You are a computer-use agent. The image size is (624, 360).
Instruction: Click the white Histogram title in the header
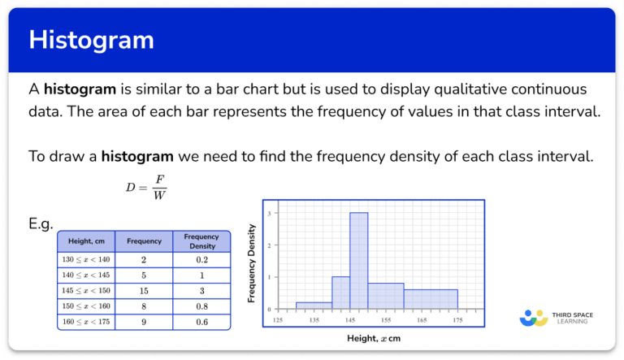click(x=91, y=40)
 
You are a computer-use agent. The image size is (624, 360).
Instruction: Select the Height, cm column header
click(x=85, y=241)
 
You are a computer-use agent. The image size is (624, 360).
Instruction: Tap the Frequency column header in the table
click(x=144, y=241)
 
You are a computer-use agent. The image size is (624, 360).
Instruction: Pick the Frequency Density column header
click(x=201, y=241)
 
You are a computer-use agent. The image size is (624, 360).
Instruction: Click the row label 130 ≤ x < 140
click(x=85, y=260)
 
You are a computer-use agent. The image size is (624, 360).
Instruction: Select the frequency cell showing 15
click(x=144, y=291)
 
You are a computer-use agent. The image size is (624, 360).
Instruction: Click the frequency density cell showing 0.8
click(x=201, y=306)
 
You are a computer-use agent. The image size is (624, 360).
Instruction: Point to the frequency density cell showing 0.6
click(x=201, y=322)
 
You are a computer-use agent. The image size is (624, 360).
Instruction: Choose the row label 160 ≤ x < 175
click(x=85, y=322)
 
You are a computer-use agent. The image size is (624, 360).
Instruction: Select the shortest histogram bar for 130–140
click(x=314, y=306)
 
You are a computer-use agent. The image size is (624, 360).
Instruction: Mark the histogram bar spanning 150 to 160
click(x=385, y=296)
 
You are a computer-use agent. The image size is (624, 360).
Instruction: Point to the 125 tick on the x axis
click(x=279, y=319)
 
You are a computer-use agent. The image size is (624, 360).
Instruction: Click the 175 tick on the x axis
click(x=457, y=319)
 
